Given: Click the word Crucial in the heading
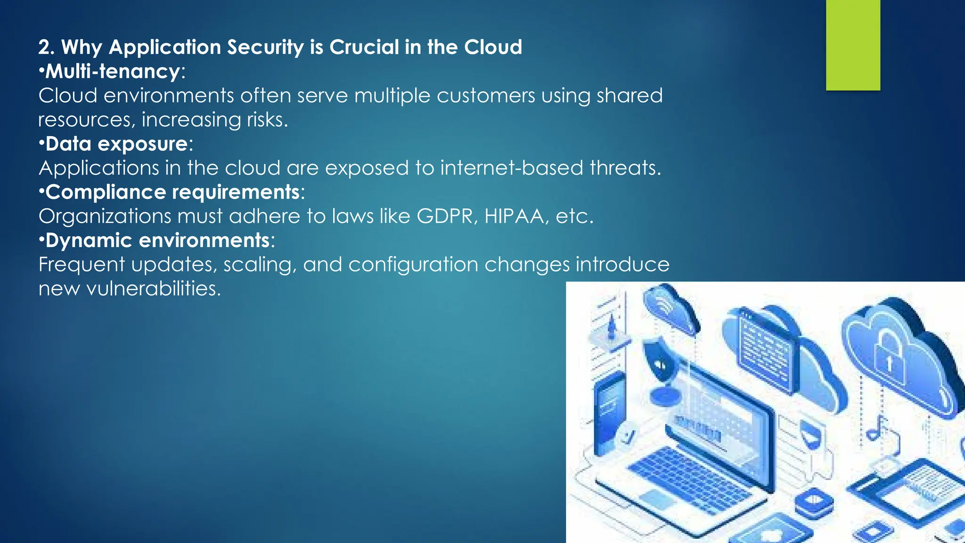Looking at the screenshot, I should click(x=364, y=47).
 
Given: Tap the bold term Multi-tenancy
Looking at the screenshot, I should click(x=113, y=72).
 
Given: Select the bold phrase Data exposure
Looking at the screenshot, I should click(x=117, y=144).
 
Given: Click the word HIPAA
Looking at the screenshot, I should click(x=514, y=216).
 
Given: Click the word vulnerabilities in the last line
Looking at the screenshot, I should click(x=153, y=288).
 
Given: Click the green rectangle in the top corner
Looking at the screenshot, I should click(x=853, y=45).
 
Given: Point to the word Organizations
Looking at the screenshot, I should click(x=105, y=216).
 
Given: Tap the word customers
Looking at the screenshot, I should click(x=486, y=96).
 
